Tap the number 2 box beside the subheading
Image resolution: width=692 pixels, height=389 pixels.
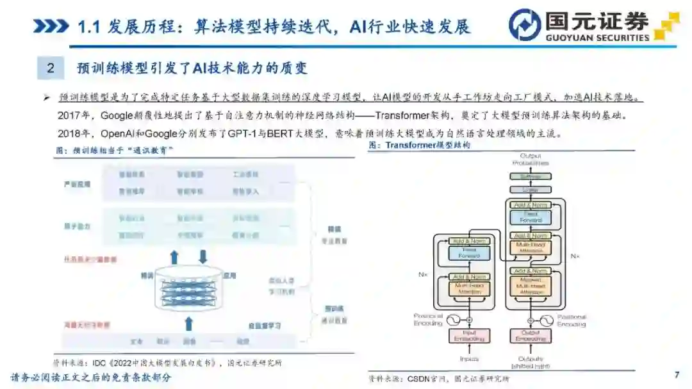pyautogui.click(x=51, y=67)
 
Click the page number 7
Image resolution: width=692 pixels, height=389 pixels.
pyautogui.click(x=677, y=374)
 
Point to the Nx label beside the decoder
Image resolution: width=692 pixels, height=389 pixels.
pyautogui.click(x=575, y=256)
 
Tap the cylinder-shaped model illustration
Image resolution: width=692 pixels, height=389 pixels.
pyautogui.click(x=188, y=289)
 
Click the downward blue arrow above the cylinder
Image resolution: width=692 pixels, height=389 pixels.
pyautogui.click(x=203, y=257)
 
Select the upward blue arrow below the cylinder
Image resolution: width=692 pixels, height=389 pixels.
pyautogui.click(x=188, y=321)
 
